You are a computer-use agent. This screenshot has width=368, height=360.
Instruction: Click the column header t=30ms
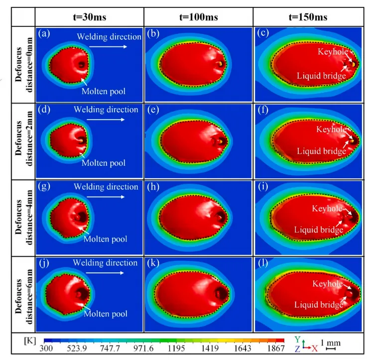90,17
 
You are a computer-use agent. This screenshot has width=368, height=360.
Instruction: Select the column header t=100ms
199,17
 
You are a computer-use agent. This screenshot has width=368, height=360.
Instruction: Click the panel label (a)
44,34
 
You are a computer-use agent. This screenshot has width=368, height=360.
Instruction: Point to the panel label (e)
152,112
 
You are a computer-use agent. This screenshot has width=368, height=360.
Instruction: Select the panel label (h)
152,188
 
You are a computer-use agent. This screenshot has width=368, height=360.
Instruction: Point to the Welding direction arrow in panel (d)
104,120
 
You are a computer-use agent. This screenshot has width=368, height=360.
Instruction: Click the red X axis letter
314,349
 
